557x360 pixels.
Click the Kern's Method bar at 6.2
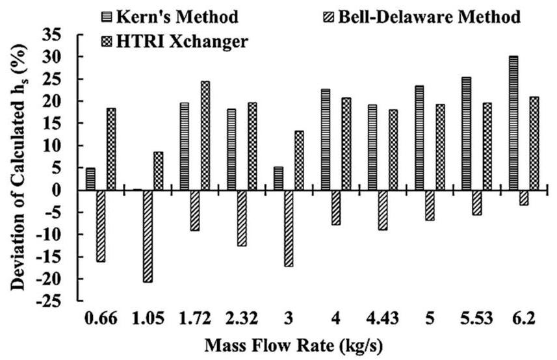click(x=513, y=123)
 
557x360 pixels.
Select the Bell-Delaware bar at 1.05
click(x=148, y=236)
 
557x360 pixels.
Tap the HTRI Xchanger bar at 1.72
click(x=205, y=136)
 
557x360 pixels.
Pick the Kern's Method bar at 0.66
click(x=90, y=179)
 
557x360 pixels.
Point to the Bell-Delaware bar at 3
click(x=288, y=228)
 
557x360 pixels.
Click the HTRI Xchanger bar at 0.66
click(x=111, y=149)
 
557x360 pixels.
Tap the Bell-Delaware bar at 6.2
click(x=523, y=198)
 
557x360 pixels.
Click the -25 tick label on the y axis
click(x=57, y=302)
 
